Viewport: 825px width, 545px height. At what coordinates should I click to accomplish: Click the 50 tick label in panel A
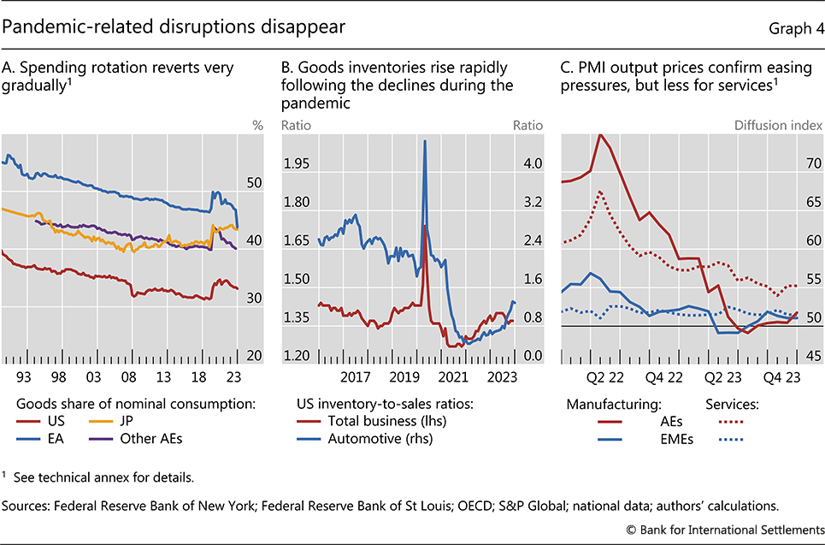coord(254,183)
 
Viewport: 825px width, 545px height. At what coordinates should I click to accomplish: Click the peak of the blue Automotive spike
coord(425,140)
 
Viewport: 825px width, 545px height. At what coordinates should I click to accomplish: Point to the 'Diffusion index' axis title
coord(779,126)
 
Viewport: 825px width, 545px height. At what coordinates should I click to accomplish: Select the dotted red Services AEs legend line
coord(730,421)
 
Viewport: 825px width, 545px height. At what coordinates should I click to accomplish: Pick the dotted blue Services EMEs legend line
coord(730,439)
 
